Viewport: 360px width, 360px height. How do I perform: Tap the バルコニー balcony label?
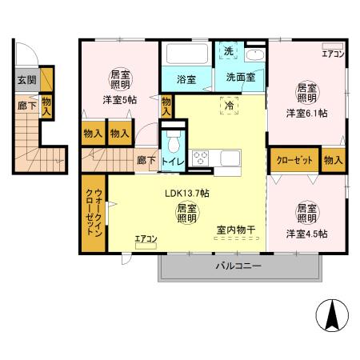point(238,266)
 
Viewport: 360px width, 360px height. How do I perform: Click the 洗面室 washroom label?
point(239,78)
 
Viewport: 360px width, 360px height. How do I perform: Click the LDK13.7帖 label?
point(187,194)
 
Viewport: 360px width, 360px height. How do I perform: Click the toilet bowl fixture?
point(172,144)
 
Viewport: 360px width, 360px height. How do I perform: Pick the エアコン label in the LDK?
point(146,238)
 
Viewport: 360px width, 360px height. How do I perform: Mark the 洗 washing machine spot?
point(228,51)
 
